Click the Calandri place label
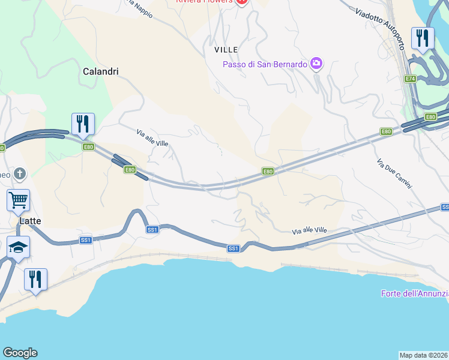coord(100,71)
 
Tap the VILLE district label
coord(226,50)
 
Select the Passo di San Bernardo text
coord(265,64)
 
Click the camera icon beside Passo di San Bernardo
coord(316,64)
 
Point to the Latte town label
coord(31,221)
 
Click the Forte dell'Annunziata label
coord(415,293)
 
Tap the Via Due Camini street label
coord(394,174)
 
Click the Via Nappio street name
coord(139,7)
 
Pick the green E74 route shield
coord(411,79)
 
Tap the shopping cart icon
coord(18,199)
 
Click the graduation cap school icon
coord(18,246)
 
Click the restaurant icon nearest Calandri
coord(82,124)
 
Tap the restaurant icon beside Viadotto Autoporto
coord(423,38)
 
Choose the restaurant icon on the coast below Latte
coord(35,279)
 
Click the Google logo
coord(20,353)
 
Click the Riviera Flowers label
coord(204,1)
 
